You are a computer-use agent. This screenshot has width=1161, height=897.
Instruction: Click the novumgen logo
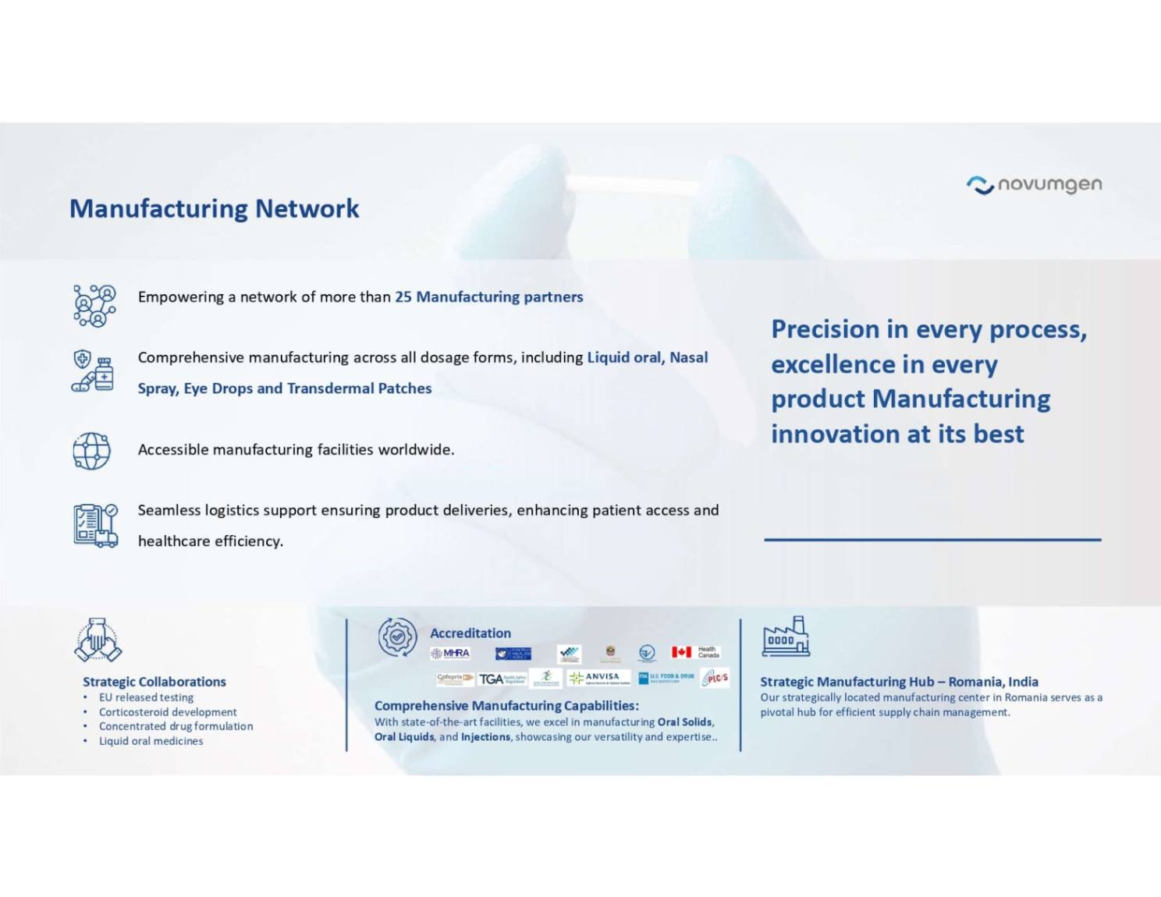[x=1034, y=185]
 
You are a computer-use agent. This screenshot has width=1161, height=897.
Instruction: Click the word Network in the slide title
[x=307, y=208]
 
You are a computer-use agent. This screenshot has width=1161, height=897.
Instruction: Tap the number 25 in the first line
[x=403, y=297]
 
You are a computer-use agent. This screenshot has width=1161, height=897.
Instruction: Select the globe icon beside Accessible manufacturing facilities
[x=92, y=451]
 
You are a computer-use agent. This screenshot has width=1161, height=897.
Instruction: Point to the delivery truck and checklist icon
[x=95, y=525]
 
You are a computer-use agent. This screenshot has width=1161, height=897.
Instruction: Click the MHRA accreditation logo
[x=451, y=654]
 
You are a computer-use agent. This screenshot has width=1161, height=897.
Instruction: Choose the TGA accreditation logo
[x=502, y=679]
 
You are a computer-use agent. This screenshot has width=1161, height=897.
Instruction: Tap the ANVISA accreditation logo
[x=598, y=678]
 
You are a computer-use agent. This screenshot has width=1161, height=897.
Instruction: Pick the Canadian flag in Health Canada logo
[x=681, y=652]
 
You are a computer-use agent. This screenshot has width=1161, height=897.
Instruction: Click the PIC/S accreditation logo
[x=715, y=678]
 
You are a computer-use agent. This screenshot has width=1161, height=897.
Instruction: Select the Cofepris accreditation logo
[x=455, y=678]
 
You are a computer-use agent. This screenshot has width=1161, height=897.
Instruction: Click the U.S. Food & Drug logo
[x=666, y=677]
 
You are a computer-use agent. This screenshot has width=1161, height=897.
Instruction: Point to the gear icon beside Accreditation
[x=397, y=636]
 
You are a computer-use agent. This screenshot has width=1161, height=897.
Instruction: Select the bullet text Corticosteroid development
[x=168, y=712]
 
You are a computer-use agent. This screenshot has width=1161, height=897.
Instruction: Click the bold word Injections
[x=485, y=737]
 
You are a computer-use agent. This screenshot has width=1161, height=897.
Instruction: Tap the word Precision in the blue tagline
[x=825, y=330]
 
